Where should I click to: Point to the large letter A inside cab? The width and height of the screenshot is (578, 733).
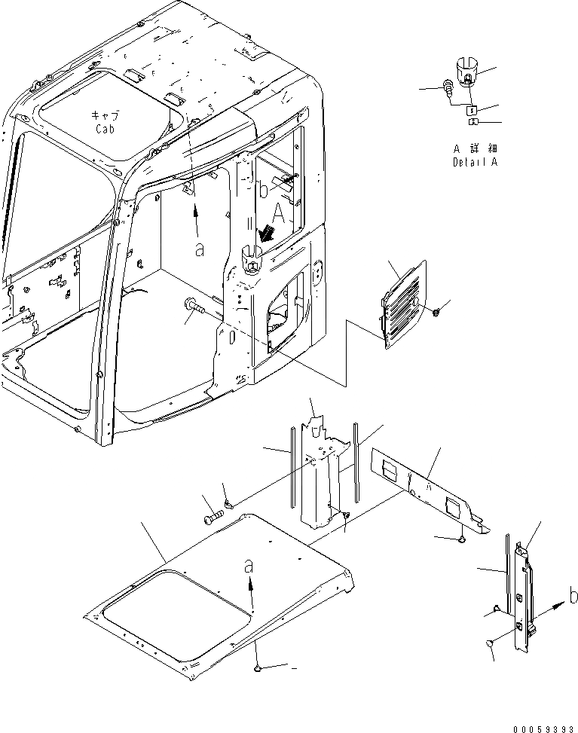click(280, 214)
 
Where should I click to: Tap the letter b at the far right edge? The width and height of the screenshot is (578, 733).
click(572, 598)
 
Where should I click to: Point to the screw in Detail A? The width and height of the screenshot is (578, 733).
click(448, 89)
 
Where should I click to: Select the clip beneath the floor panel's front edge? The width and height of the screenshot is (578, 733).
click(258, 667)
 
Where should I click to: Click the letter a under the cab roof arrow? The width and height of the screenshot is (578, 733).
click(199, 250)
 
